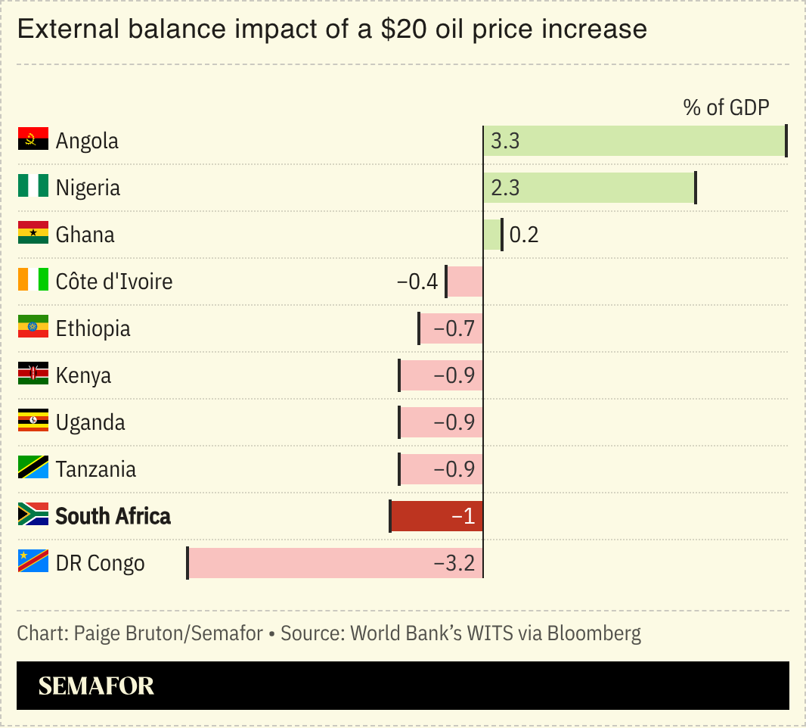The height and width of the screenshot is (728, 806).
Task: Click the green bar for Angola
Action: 635,142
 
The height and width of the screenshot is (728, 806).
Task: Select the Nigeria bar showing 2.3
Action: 590,188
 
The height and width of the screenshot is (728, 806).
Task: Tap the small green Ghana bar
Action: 491,235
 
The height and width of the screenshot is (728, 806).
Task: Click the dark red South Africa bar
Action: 436,516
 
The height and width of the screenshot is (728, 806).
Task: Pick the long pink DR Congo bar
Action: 335,563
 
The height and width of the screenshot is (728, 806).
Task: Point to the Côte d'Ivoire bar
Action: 464,282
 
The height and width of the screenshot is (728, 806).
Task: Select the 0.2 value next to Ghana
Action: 524,235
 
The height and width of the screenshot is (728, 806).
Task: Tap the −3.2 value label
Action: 454,563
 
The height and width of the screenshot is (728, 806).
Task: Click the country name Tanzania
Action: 96,469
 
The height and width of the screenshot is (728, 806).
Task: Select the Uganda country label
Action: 91,422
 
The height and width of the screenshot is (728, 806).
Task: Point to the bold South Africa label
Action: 113,516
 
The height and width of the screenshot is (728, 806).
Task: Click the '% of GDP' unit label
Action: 726,107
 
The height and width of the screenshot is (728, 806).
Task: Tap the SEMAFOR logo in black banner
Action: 96,686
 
